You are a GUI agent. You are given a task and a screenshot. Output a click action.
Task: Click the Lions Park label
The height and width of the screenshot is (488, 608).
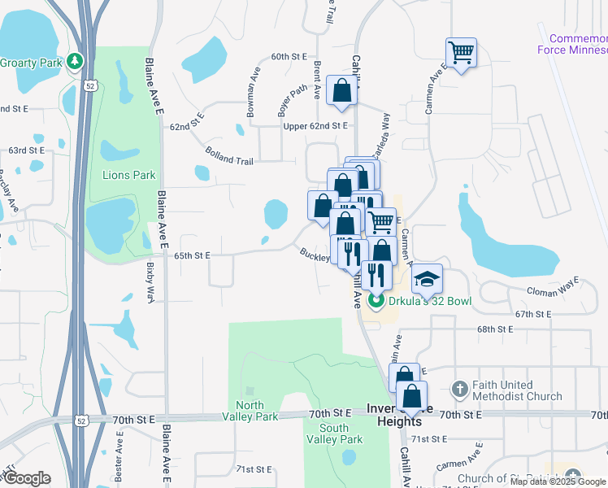pyautogui.click(x=128, y=175)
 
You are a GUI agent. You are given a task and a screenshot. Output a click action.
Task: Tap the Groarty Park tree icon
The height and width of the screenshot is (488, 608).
pyautogui.click(x=75, y=61)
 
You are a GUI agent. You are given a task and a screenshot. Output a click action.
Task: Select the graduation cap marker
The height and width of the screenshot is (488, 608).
pyautogui.click(x=427, y=281)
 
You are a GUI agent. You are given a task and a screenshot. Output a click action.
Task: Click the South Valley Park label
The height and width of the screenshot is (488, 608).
pyautogui.click(x=334, y=434)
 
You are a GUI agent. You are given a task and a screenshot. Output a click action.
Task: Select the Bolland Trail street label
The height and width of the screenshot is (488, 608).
pyautogui.click(x=229, y=155)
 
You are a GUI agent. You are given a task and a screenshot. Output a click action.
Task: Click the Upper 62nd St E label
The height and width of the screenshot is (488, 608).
pyautogui.click(x=315, y=126)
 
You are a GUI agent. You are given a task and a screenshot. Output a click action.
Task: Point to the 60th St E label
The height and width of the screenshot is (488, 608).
pyautogui.click(x=289, y=57)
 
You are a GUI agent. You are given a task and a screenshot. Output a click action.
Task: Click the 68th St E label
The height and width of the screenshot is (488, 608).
pyautogui.click(x=496, y=329)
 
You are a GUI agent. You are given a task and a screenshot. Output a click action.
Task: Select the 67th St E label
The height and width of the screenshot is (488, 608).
pyautogui.click(x=534, y=313)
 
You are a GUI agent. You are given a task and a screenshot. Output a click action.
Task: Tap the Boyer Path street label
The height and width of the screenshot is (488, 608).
pyautogui.click(x=292, y=101)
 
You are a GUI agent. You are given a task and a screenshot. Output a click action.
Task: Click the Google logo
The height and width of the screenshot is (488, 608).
pyautogui.click(x=27, y=478)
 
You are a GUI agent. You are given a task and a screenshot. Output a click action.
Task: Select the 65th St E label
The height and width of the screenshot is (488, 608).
pyautogui.click(x=193, y=255)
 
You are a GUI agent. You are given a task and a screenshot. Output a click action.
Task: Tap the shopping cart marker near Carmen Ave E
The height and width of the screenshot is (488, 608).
pyautogui.click(x=461, y=54)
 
